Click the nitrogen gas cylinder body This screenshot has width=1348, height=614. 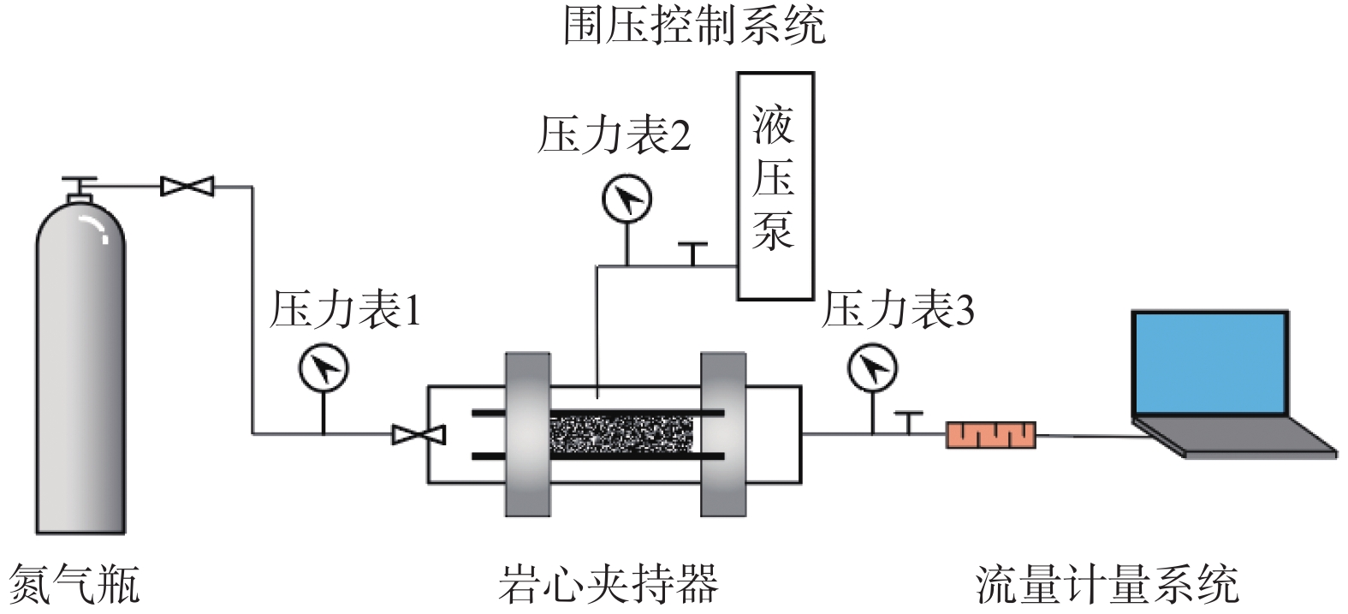pyautogui.click(x=80, y=377)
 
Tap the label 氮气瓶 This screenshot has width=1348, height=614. pyautogui.click(x=74, y=584)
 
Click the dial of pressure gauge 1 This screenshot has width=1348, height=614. pyautogui.click(x=323, y=367)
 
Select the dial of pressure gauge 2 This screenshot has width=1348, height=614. pyautogui.click(x=626, y=200)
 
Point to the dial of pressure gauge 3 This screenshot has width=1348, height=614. pyautogui.click(x=872, y=368)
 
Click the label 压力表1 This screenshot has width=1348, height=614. pyautogui.click(x=345, y=310)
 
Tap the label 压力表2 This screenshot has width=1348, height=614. pyautogui.click(x=614, y=135)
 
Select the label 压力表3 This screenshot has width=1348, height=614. pyautogui.click(x=898, y=310)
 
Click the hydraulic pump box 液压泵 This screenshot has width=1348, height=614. pyautogui.click(x=775, y=186)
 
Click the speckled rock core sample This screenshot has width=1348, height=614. pyautogui.click(x=621, y=434)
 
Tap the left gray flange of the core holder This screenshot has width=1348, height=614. pyautogui.click(x=527, y=434)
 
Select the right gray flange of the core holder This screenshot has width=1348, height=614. pyautogui.click(x=723, y=434)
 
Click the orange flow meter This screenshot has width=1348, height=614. pyautogui.click(x=990, y=435)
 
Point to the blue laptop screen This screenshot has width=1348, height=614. pyautogui.click(x=1209, y=363)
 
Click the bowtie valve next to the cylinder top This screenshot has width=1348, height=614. pyautogui.click(x=187, y=186)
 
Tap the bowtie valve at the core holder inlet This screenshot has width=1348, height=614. pyautogui.click(x=419, y=435)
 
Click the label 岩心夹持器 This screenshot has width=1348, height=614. pyautogui.click(x=608, y=584)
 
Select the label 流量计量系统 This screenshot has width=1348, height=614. pyautogui.click(x=1107, y=584)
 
